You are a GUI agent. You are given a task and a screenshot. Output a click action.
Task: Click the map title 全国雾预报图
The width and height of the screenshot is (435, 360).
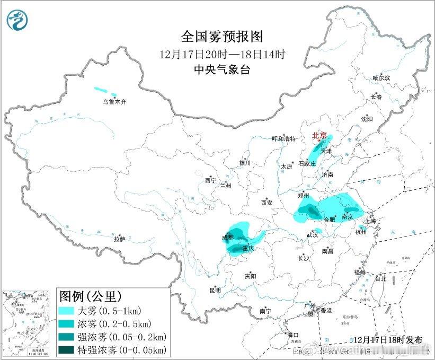click(x=222, y=37)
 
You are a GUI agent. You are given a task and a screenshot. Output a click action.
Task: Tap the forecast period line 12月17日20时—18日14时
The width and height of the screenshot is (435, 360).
click(x=222, y=54)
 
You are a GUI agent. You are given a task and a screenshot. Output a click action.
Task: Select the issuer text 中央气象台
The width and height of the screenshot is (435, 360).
click(x=222, y=69)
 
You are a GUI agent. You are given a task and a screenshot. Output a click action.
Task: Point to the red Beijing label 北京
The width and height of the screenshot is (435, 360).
click(x=321, y=135)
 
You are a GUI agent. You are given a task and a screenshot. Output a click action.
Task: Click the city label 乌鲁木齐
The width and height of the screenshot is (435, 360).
click(x=115, y=101)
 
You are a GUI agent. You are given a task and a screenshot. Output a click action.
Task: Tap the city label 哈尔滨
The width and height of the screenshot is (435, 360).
click(x=380, y=78)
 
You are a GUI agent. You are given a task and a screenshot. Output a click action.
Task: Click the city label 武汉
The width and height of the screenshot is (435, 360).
click(x=313, y=234)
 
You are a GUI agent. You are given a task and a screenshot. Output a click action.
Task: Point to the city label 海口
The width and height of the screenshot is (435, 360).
click(x=293, y=335)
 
